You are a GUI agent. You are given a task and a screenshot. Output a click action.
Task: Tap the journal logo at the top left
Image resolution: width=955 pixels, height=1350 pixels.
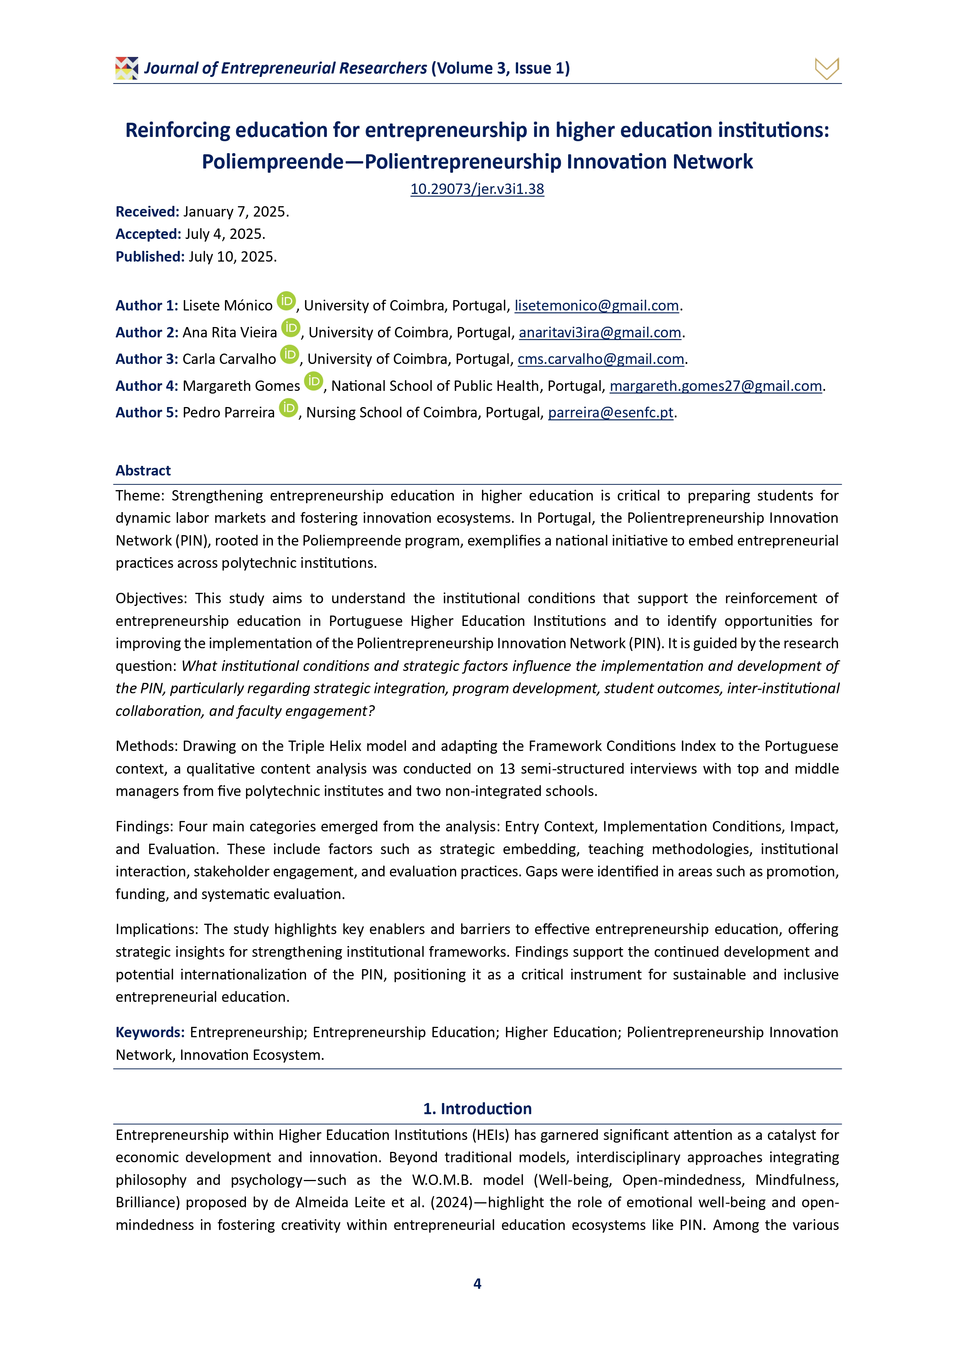(127, 68)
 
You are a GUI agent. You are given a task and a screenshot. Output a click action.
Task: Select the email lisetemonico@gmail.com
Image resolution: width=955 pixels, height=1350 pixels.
(596, 306)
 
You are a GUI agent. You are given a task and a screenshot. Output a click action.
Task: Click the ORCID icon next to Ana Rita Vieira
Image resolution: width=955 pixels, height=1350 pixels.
(291, 327)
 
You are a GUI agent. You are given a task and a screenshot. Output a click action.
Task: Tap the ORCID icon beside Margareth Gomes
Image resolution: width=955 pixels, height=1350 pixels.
(314, 381)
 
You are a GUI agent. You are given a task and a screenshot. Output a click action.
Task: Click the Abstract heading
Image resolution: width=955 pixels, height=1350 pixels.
(143, 471)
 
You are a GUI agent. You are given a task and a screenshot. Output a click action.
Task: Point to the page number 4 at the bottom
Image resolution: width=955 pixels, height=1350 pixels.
(477, 1283)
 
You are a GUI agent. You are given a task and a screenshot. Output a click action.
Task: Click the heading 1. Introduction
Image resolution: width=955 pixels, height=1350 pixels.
(477, 1108)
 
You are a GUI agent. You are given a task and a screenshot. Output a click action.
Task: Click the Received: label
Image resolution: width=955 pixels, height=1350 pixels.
(147, 212)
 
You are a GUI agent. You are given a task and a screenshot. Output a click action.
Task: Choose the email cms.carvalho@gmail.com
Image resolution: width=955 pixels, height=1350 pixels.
(601, 359)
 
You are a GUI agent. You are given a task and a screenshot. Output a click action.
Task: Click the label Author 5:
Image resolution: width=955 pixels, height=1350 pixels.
(147, 413)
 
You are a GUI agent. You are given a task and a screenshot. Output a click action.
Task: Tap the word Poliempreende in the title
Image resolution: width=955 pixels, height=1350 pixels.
(273, 162)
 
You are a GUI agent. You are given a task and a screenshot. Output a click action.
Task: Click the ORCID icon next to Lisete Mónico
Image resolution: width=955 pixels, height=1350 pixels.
(286, 301)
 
